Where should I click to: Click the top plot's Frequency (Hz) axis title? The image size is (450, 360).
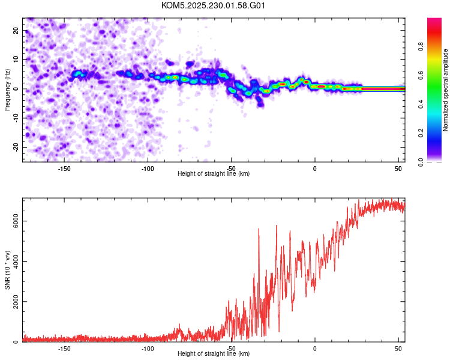7,89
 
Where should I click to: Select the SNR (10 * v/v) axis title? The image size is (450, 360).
7,270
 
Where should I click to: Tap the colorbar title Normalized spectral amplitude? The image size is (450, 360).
445,90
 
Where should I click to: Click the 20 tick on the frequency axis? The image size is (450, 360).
16,30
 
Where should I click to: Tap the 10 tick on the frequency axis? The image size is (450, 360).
16,59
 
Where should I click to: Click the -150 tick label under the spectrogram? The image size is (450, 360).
64,169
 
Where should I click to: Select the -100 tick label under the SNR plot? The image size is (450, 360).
148,349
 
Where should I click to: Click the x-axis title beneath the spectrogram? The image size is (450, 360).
214,174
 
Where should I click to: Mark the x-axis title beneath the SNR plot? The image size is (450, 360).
214,354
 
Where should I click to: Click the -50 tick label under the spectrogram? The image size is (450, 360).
232,169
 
